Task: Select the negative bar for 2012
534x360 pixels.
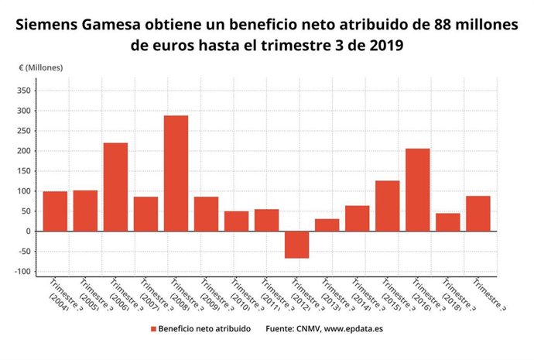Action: coord(296,245)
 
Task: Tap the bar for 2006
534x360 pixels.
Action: coord(115,187)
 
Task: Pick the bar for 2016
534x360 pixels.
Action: coord(417,190)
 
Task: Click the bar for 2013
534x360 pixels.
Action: coord(327,225)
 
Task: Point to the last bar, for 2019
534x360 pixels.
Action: coord(478,214)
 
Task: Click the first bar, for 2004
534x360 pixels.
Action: coord(55,211)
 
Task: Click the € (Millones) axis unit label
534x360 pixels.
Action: coord(42,67)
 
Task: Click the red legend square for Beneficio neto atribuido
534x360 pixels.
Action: coord(153,329)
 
